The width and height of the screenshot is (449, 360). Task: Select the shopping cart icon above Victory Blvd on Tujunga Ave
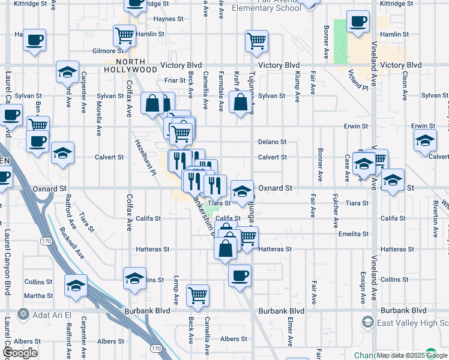click(256, 41)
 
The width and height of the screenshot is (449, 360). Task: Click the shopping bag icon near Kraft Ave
click(241, 103)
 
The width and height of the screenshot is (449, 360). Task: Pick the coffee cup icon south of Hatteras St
click(240, 276)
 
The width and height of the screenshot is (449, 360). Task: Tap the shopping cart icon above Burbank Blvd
click(197, 295)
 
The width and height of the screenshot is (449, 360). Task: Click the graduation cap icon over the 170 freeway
click(76, 286)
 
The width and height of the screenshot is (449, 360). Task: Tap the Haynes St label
click(168, 19)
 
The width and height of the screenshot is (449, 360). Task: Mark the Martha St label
click(38, 295)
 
